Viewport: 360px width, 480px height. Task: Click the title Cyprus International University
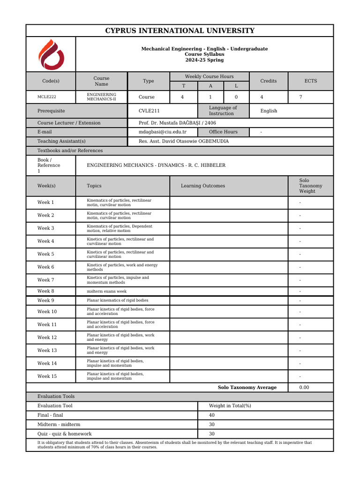pyautogui.click(x=180, y=31)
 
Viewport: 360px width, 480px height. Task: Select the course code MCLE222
pyautogui.click(x=50, y=97)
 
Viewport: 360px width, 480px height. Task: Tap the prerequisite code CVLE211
pyautogui.click(x=150, y=111)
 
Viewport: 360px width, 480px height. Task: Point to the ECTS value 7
pyautogui.click(x=301, y=97)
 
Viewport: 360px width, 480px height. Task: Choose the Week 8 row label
pyautogui.click(x=45, y=291)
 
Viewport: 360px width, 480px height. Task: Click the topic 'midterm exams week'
pyautogui.click(x=107, y=291)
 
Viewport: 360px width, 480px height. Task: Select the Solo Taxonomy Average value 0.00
pyautogui.click(x=304, y=388)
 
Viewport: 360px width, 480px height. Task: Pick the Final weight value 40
pyautogui.click(x=212, y=415)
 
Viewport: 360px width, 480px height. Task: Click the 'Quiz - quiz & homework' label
pyautogui.click(x=65, y=434)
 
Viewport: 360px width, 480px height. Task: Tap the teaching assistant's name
pyautogui.click(x=184, y=141)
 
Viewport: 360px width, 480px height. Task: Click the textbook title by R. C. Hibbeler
pyautogui.click(x=156, y=165)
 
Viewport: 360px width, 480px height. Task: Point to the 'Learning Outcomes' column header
pyautogui.click(x=202, y=186)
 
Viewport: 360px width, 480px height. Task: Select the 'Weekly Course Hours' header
pyautogui.click(x=209, y=76)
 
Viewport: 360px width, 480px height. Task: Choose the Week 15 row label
pyautogui.click(x=47, y=376)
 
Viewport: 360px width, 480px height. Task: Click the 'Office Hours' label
pyautogui.click(x=223, y=132)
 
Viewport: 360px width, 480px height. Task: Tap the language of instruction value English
pyautogui.click(x=269, y=111)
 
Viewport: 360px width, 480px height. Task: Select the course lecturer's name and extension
pyautogui.click(x=177, y=123)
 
